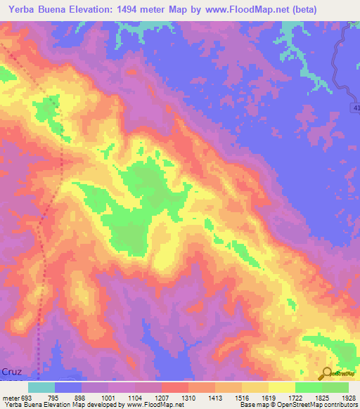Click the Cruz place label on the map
pos(11,370)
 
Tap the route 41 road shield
pos(354,105)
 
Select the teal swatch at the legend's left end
pos(41,387)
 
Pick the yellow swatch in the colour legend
pos(282,387)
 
